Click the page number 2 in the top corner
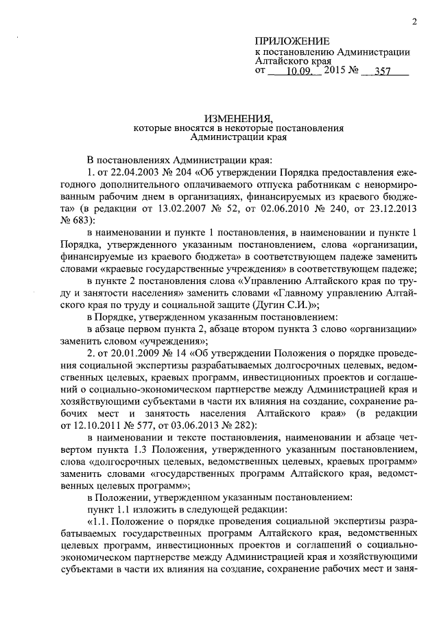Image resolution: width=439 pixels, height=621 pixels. (x=415, y=21)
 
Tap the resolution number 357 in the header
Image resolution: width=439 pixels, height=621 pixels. (x=389, y=70)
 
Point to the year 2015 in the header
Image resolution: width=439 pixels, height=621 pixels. (x=335, y=70)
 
